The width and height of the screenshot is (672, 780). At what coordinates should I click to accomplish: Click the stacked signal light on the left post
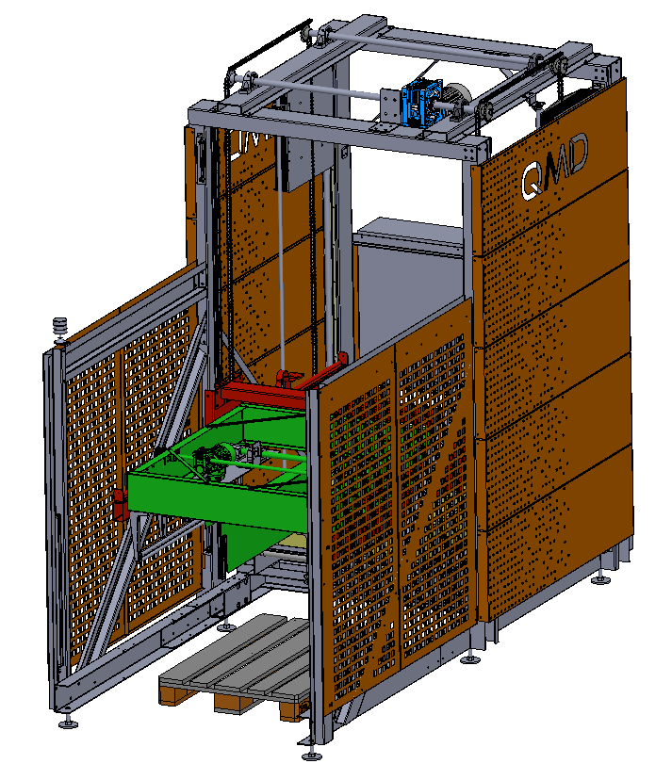click(60, 329)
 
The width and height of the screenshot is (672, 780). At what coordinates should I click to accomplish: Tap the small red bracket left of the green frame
click(120, 504)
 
